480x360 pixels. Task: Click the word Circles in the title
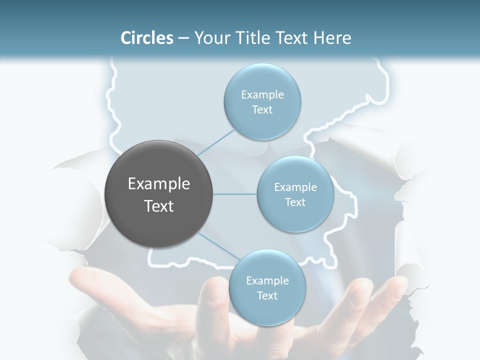click(147, 38)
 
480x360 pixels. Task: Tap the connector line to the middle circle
click(235, 194)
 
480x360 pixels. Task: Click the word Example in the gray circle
click(159, 184)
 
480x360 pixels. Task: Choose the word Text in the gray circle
click(159, 206)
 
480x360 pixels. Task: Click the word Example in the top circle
click(262, 95)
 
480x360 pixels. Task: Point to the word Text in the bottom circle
click(267, 295)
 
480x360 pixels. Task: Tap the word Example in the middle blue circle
click(295, 187)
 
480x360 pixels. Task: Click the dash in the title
click(183, 38)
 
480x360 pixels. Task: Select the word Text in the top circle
click(262, 110)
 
